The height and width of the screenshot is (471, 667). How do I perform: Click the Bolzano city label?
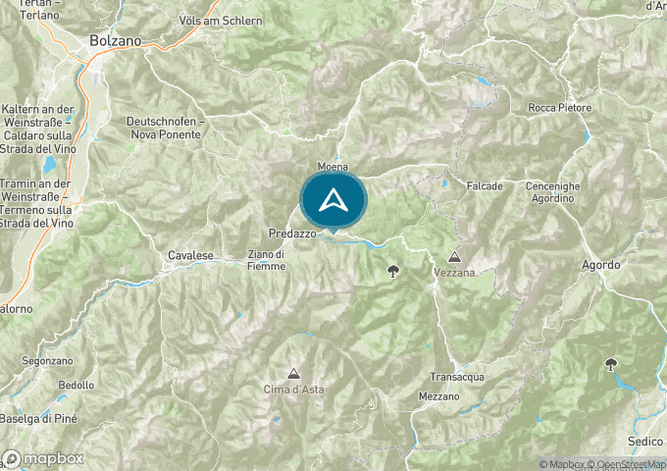(x=115, y=41)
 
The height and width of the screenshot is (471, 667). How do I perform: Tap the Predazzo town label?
(x=291, y=235)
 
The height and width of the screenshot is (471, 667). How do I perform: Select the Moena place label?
(x=333, y=167)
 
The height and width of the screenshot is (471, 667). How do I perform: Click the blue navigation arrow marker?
(x=333, y=200)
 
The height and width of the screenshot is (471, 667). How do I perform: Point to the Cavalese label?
(x=190, y=255)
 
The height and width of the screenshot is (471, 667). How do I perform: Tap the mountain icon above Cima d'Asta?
(x=292, y=373)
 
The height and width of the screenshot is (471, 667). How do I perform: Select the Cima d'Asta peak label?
(x=294, y=390)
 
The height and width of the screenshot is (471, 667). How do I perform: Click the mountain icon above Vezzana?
(x=453, y=254)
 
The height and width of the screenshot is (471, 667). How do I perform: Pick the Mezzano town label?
(x=437, y=395)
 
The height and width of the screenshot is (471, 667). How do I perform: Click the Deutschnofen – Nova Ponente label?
(x=165, y=127)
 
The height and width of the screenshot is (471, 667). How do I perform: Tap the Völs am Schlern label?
(x=221, y=21)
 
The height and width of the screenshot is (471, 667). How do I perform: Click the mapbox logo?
(x=44, y=458)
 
